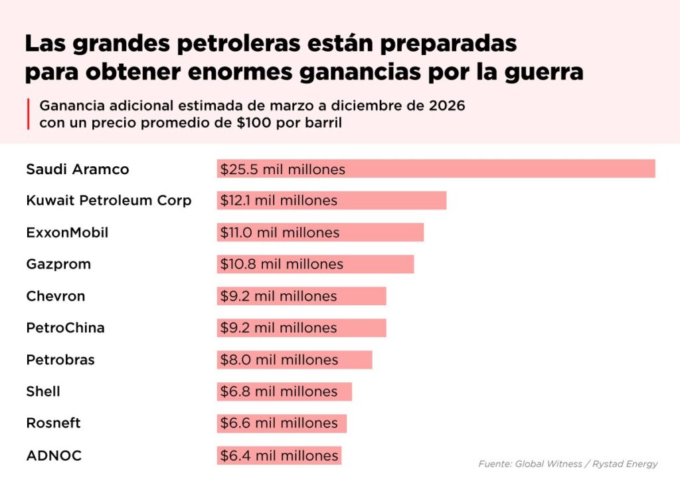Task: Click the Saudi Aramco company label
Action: (78, 170)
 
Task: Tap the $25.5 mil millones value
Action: (283, 170)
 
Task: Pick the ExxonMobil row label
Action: (67, 233)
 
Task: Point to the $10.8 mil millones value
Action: (282, 264)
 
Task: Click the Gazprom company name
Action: (58, 264)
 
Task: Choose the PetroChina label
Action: (65, 328)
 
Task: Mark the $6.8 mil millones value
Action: (279, 392)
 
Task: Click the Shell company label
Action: (43, 392)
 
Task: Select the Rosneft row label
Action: (53, 423)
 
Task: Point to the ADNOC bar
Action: (278, 455)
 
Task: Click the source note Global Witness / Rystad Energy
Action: (568, 464)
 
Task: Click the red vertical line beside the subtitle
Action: (29, 114)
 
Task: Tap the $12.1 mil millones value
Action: (279, 200)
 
